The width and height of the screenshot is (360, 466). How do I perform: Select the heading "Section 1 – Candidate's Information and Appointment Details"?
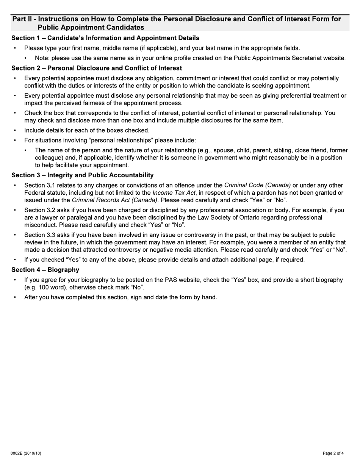(105, 38)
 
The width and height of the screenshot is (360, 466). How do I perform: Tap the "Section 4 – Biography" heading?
(45, 270)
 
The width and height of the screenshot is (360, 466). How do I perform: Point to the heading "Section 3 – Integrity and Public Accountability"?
(82, 175)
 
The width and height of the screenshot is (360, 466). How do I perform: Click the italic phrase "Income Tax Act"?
(174, 193)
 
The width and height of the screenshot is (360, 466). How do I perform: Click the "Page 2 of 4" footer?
(333, 453)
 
